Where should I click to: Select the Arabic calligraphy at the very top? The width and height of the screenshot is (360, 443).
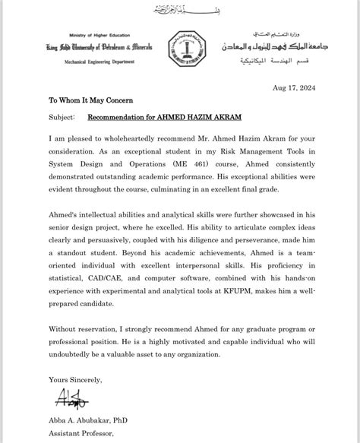(x=179, y=11)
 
